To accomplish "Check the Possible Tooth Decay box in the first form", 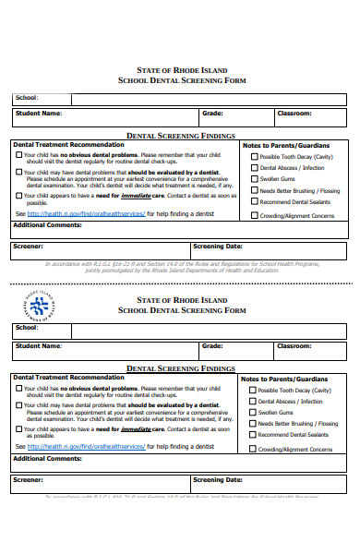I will click(x=255, y=157).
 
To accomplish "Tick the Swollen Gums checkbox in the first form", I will click(x=255, y=180).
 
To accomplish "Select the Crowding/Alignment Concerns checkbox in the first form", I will click(x=255, y=216).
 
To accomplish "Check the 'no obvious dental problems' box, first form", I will click(x=18, y=155).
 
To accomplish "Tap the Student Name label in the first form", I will click(x=38, y=114).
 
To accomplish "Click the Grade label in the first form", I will click(x=212, y=114).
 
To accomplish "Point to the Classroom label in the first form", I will click(x=294, y=114).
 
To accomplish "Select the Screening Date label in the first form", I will click(x=218, y=247).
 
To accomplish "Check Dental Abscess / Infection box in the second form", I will click(x=255, y=402).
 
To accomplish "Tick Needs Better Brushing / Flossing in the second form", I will click(x=255, y=424).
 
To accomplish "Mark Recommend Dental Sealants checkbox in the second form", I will click(x=255, y=435).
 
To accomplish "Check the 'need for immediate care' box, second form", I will click(x=18, y=429).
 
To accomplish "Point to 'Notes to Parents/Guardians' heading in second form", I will click(x=285, y=379).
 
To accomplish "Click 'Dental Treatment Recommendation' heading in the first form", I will click(x=68, y=145).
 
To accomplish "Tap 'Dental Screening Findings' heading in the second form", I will click(x=180, y=368).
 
